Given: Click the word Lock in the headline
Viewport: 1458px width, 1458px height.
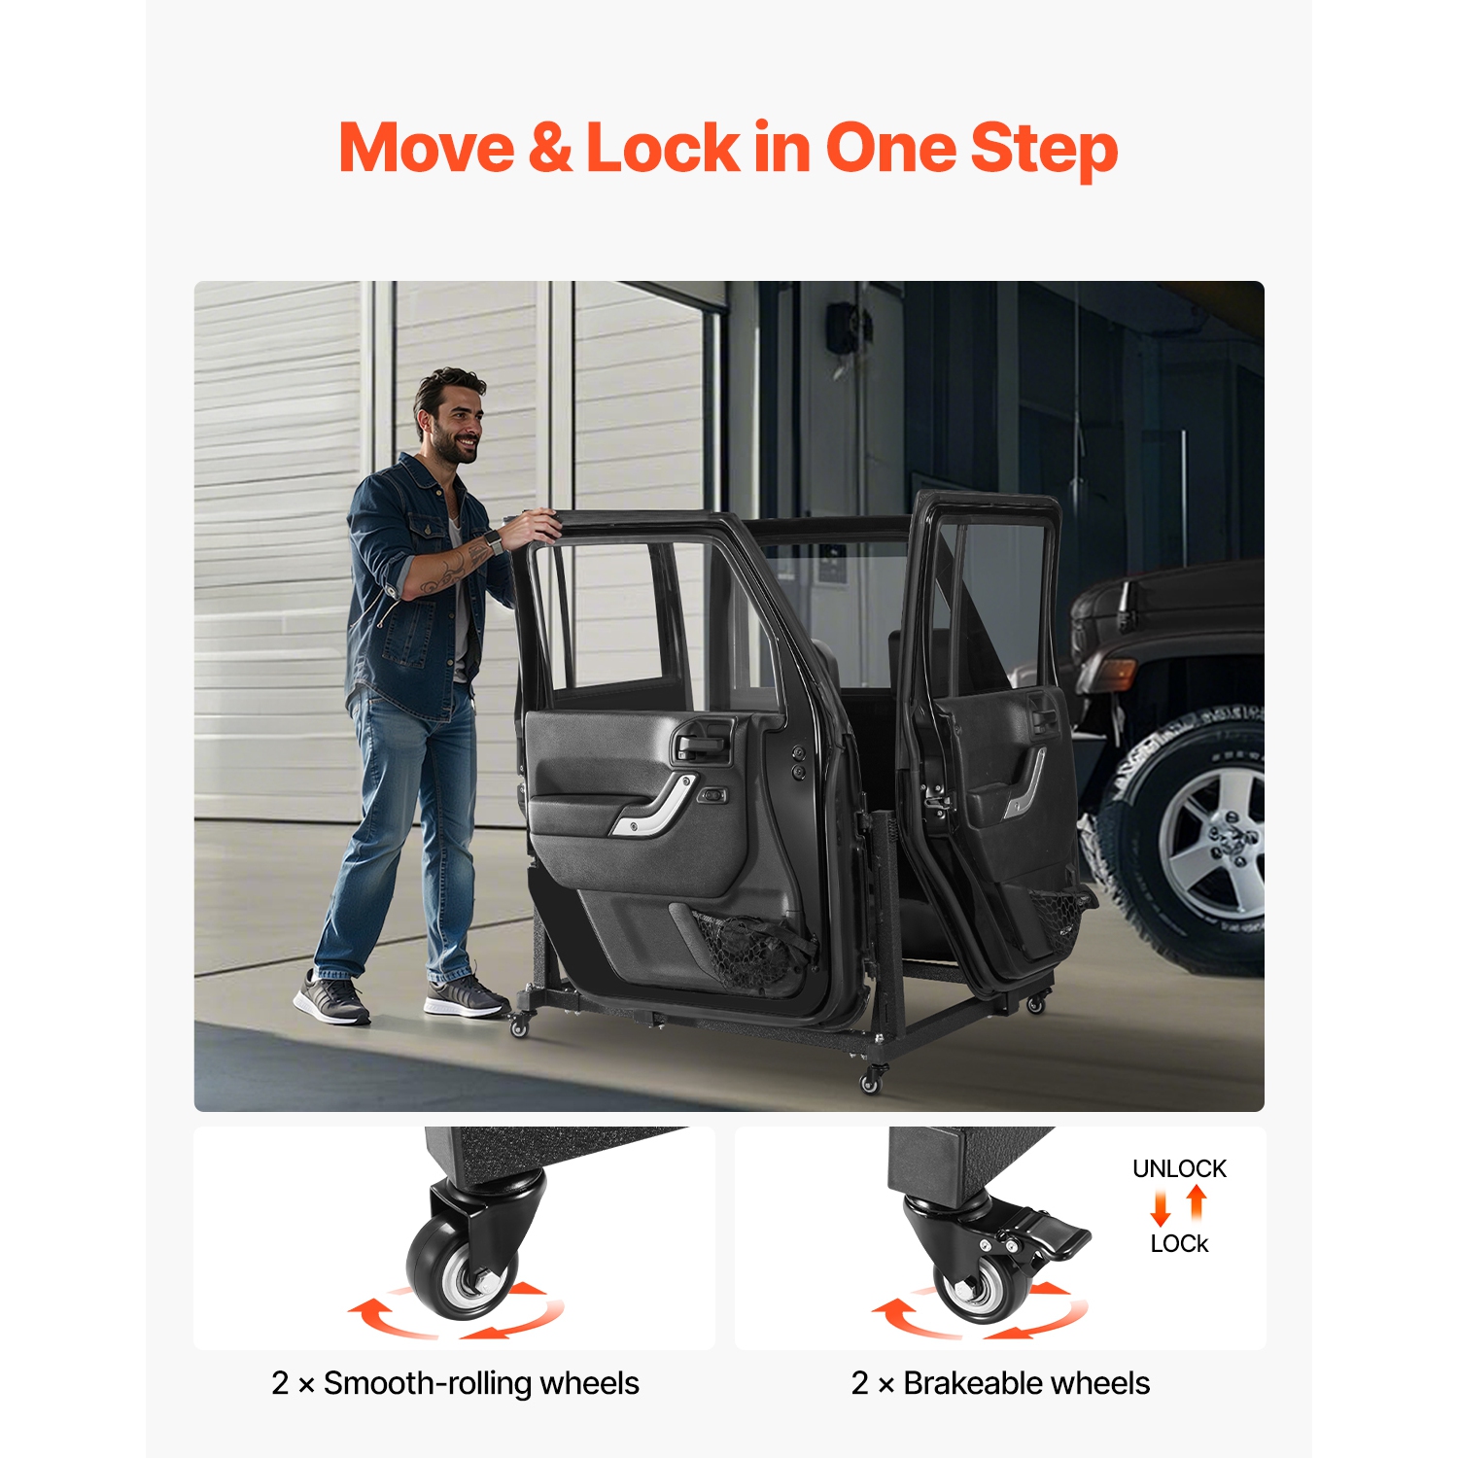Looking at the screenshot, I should pyautogui.click(x=663, y=148).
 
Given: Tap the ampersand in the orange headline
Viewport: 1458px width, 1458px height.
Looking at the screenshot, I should pyautogui.click(x=550, y=148).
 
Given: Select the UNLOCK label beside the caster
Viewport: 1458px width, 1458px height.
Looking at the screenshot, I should pyautogui.click(x=1179, y=1168).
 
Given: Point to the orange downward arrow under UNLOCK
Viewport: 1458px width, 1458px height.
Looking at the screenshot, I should pyautogui.click(x=1161, y=1208).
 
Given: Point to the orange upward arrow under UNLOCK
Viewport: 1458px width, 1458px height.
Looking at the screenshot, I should pyautogui.click(x=1197, y=1202).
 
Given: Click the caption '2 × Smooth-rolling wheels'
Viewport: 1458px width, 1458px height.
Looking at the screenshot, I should pyautogui.click(x=455, y=1383).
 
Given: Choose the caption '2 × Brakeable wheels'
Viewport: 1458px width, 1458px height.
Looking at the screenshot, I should pyautogui.click(x=1000, y=1383).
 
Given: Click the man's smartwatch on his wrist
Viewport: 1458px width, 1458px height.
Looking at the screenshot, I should pyautogui.click(x=493, y=540).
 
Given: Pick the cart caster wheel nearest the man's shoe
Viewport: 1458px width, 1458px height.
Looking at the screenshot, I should pyautogui.click(x=519, y=1024).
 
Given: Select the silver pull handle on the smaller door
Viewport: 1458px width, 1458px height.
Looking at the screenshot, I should pyautogui.click(x=1025, y=783).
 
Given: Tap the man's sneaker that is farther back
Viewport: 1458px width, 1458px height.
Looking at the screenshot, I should pyautogui.click(x=330, y=997).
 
